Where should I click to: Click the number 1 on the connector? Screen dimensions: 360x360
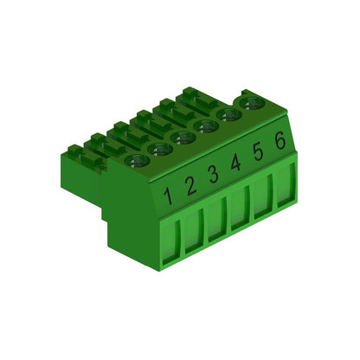(x=169, y=193)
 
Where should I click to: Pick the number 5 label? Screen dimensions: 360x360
(x=257, y=151)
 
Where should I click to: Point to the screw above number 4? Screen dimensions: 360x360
(x=206, y=126)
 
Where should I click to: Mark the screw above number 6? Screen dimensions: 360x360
(x=253, y=103)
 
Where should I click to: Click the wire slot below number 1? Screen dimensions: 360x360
(x=171, y=236)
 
